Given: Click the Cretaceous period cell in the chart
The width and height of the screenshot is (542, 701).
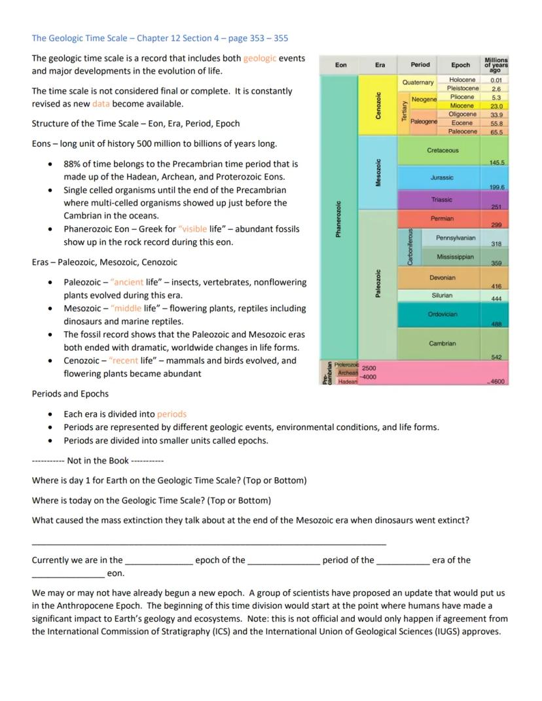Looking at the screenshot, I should pos(443,151).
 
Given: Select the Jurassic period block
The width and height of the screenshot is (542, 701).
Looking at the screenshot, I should pos(442,177).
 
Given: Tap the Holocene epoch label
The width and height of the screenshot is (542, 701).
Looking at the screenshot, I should pos(462,79).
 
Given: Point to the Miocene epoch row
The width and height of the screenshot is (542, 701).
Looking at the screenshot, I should pos(462,105).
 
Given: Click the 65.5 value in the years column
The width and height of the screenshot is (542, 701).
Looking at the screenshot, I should pos(496,132).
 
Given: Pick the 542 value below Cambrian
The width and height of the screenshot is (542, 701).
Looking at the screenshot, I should pos(496,356).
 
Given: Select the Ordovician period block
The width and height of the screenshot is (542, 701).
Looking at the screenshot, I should pos(443,314).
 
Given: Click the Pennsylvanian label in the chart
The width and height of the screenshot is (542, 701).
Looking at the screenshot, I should pos(456,238).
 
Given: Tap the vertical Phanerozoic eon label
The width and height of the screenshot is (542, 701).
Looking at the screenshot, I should pos(338,219).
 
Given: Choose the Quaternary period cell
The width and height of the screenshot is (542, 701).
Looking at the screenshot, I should pos(418,82).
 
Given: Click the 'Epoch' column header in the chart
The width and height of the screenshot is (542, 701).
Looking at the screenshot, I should pos(460,65).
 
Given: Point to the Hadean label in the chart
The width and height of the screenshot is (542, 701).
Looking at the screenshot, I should pos(347,382).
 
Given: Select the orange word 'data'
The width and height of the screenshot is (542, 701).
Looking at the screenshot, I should pos(101,104).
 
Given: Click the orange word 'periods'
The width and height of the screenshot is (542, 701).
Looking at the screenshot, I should pos(172,414).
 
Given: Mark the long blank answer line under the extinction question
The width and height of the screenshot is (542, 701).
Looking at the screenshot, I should pos(209,543).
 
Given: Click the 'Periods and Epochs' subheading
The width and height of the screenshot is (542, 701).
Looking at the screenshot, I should pos(70,394).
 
